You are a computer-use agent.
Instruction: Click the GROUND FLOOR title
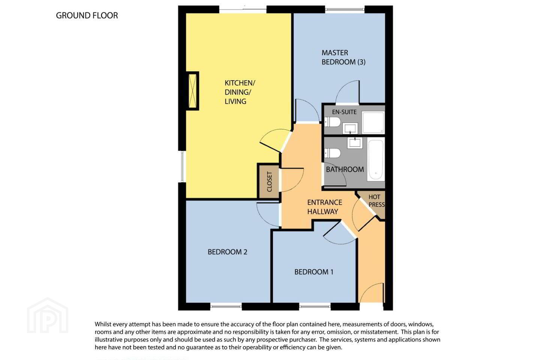(x=87, y=15)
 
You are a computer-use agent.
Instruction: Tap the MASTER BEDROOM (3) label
(x=343, y=57)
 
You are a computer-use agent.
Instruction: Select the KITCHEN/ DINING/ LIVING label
(x=240, y=92)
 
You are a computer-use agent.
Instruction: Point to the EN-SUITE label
(x=344, y=112)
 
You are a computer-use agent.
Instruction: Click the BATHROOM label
(x=345, y=169)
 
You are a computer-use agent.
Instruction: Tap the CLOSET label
(x=270, y=181)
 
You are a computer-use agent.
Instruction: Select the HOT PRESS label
(x=376, y=201)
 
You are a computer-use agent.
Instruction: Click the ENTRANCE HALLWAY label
(x=324, y=207)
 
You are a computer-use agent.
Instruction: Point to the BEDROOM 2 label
(x=227, y=252)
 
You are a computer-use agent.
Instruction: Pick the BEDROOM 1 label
(x=313, y=272)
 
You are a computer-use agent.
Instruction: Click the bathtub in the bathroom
(x=376, y=160)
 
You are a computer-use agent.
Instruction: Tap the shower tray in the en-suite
(x=373, y=123)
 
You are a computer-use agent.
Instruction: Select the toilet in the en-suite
(x=332, y=122)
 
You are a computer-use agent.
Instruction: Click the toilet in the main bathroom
(x=332, y=153)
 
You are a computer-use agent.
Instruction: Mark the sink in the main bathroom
(x=355, y=143)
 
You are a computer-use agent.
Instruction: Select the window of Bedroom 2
(x=226, y=306)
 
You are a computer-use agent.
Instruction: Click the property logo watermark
(x=48, y=315)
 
